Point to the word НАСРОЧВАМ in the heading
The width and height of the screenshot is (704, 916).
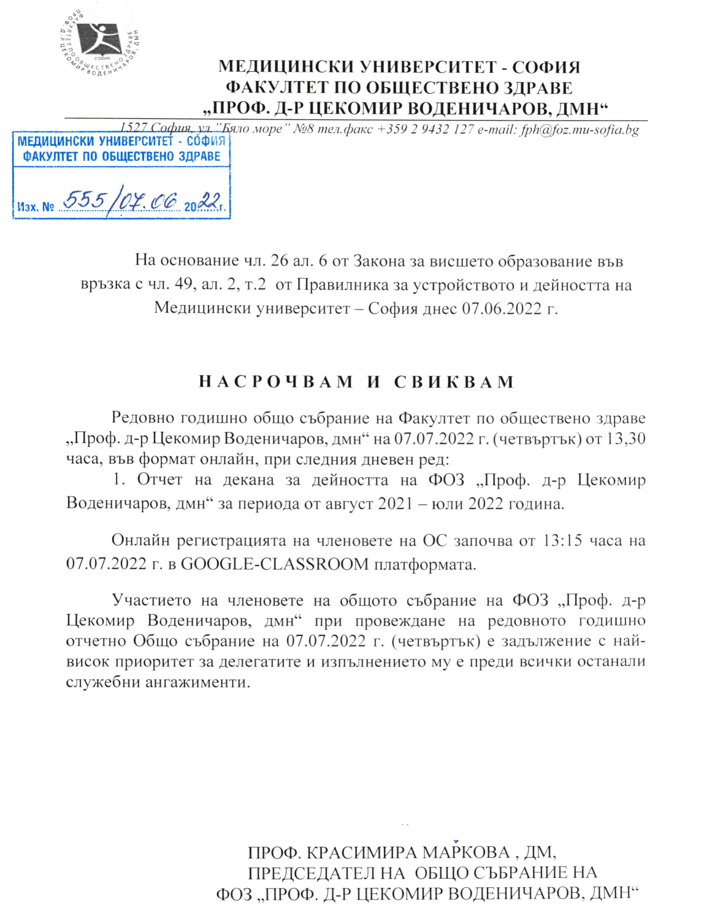point(277,382)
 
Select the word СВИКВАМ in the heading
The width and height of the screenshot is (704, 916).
point(454,382)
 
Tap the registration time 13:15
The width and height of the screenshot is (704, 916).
point(562,540)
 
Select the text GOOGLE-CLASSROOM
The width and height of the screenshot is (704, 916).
point(275,564)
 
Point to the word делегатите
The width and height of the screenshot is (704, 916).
point(260,662)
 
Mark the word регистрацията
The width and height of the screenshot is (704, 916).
point(231,540)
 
